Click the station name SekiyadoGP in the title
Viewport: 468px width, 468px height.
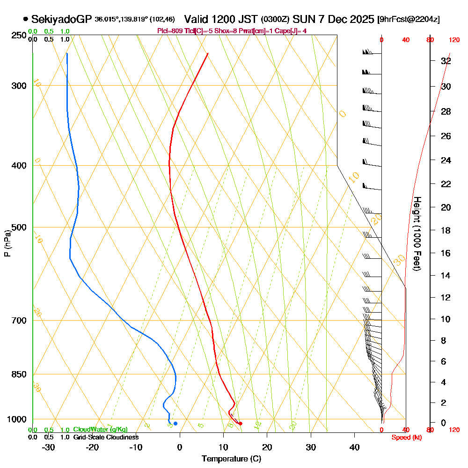pos(61,20)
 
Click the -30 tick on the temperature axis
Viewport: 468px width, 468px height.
pos(49,447)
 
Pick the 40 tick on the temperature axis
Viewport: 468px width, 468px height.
pos(354,447)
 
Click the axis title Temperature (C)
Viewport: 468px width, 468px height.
pos(231,459)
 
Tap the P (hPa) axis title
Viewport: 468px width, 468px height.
pos(7,243)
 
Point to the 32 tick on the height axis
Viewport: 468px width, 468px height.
pos(446,61)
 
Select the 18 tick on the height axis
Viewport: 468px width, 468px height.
pos(446,230)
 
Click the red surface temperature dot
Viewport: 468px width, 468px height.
pos(241,424)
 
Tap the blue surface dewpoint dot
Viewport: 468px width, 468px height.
pos(175,424)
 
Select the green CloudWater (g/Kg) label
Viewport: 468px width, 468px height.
pos(100,430)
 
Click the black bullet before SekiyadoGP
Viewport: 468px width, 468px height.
pos(25,20)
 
